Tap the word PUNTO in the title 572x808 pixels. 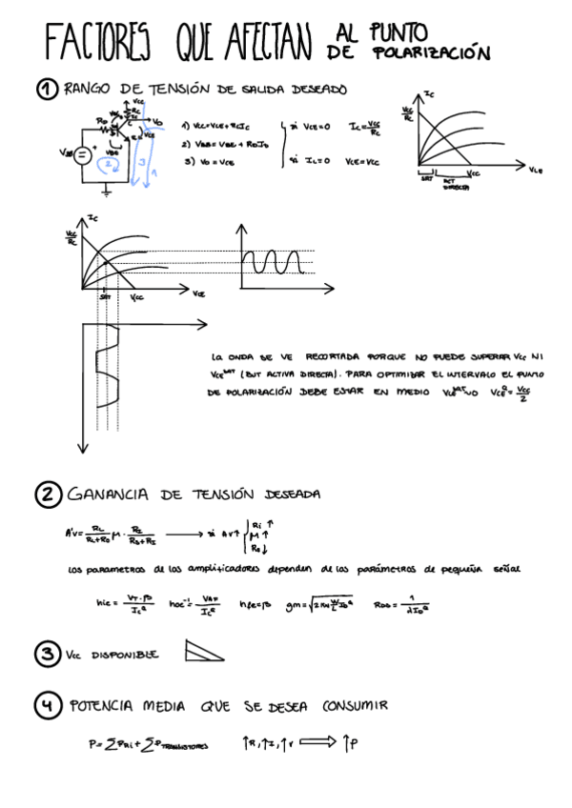[x=394, y=34]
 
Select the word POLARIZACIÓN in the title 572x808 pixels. [x=432, y=54]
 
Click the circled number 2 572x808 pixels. [x=48, y=495]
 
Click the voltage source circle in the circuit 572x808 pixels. [x=82, y=154]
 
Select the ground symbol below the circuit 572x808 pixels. [x=106, y=194]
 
